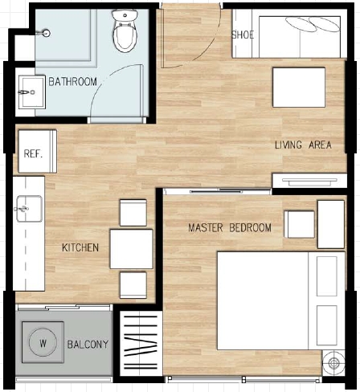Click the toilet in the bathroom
point(125,31)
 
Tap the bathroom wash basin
point(32,92)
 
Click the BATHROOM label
point(72,81)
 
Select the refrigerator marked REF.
point(38,151)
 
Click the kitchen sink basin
point(30,209)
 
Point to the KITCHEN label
point(80,247)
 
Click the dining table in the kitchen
point(131,249)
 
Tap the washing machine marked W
point(43,342)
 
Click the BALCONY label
point(88,345)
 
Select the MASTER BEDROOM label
point(230,227)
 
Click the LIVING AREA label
point(303,145)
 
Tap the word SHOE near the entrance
point(243,35)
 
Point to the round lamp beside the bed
point(333,363)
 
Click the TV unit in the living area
point(309,181)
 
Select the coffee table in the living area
point(299,88)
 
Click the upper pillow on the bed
point(327,276)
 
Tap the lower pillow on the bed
point(327,325)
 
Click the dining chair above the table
point(133,213)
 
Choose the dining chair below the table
point(133,285)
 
